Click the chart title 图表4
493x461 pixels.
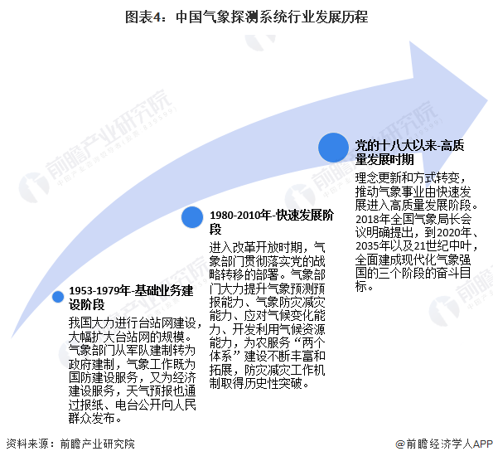(143, 17)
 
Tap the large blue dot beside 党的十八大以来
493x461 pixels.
(333, 148)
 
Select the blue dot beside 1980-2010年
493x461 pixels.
(192, 217)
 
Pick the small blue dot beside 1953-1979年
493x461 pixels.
(58, 297)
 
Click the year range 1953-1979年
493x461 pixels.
(99, 290)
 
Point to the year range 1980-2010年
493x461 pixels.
(240, 216)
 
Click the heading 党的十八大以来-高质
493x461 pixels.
(409, 145)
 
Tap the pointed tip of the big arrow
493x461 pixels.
(487, 100)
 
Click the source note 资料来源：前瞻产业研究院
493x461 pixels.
(70, 444)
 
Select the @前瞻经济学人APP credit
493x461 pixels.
(444, 444)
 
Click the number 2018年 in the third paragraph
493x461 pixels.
(373, 219)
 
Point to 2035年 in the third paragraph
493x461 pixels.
(373, 245)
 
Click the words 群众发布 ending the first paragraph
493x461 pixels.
(91, 418)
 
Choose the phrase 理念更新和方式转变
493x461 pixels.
(407, 178)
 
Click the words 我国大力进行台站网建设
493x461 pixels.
(132, 323)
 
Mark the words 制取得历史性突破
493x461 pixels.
(255, 383)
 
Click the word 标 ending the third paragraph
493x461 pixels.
(361, 286)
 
